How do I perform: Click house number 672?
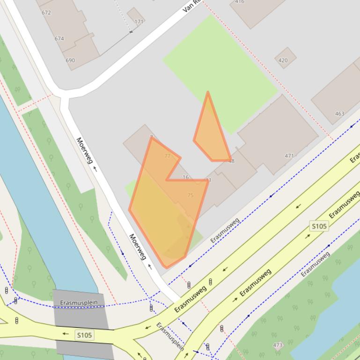click(x=46, y=13)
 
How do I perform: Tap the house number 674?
click(x=59, y=39)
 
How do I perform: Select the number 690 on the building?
click(x=70, y=60)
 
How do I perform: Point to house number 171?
click(x=139, y=22)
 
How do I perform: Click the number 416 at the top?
click(x=239, y=2)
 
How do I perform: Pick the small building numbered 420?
click(x=283, y=60)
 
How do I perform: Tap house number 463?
click(x=340, y=114)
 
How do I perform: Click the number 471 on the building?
click(x=289, y=156)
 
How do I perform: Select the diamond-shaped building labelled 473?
click(x=278, y=346)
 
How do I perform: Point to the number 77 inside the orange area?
click(x=168, y=156)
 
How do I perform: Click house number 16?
click(x=185, y=177)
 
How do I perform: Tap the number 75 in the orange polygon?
click(x=190, y=195)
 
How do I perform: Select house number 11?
click(x=208, y=180)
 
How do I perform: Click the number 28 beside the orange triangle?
click(x=231, y=161)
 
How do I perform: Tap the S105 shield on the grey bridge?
click(x=85, y=335)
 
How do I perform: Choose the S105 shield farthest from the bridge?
click(x=319, y=226)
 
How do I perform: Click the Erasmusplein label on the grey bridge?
click(x=79, y=303)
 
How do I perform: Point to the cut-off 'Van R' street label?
click(x=192, y=6)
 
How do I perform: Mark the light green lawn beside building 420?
click(x=220, y=70)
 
